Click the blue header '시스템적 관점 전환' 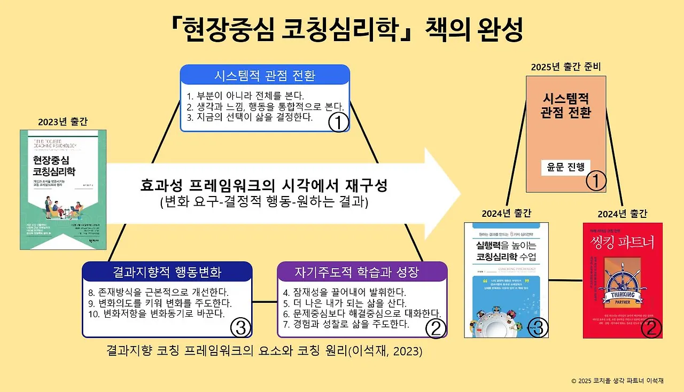tap(265, 75)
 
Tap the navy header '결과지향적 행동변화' tap(167, 272)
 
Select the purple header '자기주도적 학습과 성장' tap(362, 272)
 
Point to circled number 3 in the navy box tap(240, 328)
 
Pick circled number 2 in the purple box tap(436, 328)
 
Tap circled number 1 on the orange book tap(596, 182)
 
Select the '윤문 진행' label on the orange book tap(565, 166)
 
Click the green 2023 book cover tap(63, 190)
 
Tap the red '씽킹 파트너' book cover tap(622, 280)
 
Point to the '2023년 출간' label tap(63, 121)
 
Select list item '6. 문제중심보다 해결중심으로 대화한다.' tap(362, 313)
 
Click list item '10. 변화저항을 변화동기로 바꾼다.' tap(157, 313)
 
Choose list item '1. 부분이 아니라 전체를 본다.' tap(245, 96)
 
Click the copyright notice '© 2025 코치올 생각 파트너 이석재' tap(617, 381)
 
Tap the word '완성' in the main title tap(500, 30)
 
